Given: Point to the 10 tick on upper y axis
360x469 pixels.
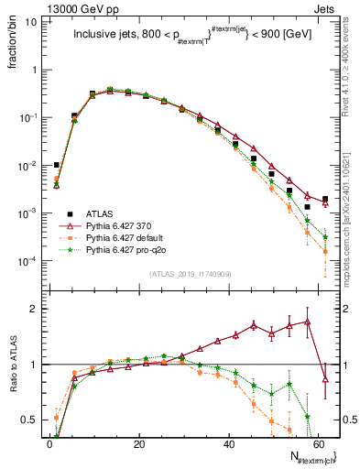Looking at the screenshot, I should (33, 22).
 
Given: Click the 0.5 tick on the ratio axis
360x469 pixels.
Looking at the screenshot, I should (31, 420).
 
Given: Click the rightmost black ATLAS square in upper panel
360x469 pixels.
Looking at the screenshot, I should (325, 199).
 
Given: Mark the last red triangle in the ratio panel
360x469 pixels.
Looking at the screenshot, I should (325, 380).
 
